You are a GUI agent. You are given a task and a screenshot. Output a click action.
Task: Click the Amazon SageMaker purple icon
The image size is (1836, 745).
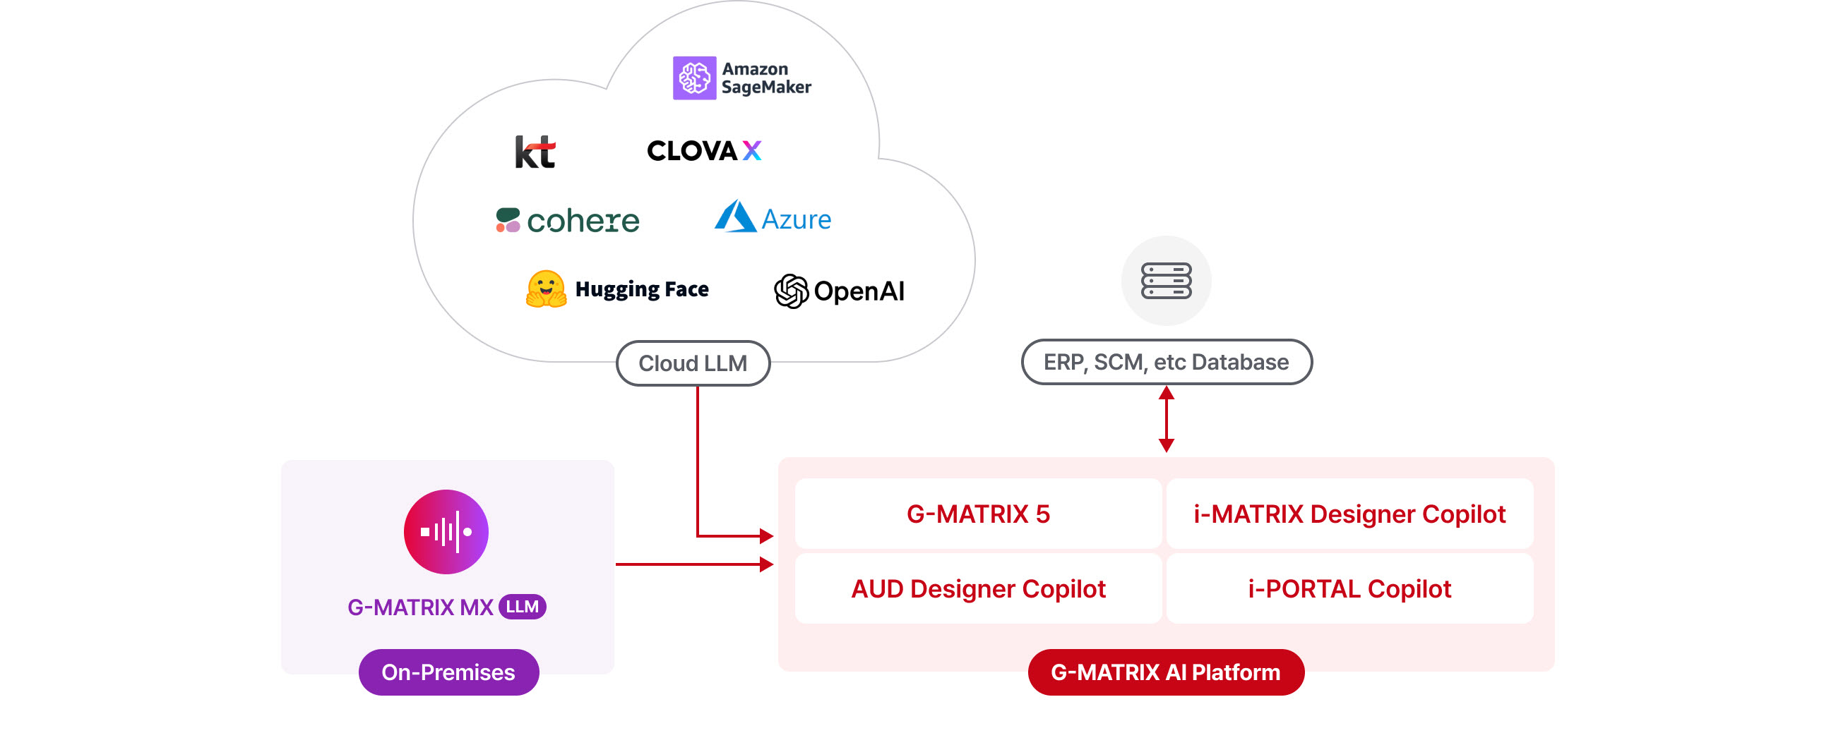[694, 78]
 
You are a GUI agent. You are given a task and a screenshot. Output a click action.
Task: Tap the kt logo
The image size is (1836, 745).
[535, 151]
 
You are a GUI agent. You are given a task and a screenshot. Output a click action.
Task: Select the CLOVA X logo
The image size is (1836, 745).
[704, 150]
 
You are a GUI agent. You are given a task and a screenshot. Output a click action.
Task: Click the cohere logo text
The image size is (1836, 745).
[583, 221]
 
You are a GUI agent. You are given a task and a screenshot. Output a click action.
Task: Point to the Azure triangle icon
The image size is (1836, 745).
[735, 216]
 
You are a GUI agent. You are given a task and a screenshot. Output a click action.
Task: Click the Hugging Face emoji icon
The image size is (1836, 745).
[546, 289]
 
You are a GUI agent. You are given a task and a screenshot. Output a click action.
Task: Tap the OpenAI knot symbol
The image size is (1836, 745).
[791, 291]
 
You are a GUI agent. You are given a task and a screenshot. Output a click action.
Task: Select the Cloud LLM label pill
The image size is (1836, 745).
[693, 363]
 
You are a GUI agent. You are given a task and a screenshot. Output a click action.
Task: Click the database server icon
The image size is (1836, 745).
[1166, 281]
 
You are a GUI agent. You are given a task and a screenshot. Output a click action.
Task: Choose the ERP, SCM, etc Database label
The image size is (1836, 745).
[1166, 362]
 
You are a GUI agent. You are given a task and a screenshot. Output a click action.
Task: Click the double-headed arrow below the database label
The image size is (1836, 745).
[1166, 419]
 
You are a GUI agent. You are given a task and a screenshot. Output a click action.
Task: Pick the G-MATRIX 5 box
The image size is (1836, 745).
[978, 514]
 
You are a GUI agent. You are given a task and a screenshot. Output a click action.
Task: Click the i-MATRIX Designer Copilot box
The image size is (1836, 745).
[1349, 514]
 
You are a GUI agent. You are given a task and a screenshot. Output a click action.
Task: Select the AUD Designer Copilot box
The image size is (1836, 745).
[978, 588]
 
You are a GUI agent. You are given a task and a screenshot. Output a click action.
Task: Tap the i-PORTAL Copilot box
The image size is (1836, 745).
[1349, 588]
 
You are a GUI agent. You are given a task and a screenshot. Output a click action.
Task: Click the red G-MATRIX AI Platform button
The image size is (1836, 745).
[1166, 672]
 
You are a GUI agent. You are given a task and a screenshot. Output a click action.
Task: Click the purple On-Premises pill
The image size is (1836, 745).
[448, 672]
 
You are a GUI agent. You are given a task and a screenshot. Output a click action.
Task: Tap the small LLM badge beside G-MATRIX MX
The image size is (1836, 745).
[523, 607]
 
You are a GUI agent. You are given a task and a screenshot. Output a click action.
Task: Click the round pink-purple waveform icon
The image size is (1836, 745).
[446, 531]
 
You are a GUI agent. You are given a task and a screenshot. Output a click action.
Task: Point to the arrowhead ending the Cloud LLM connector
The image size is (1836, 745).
[767, 535]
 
